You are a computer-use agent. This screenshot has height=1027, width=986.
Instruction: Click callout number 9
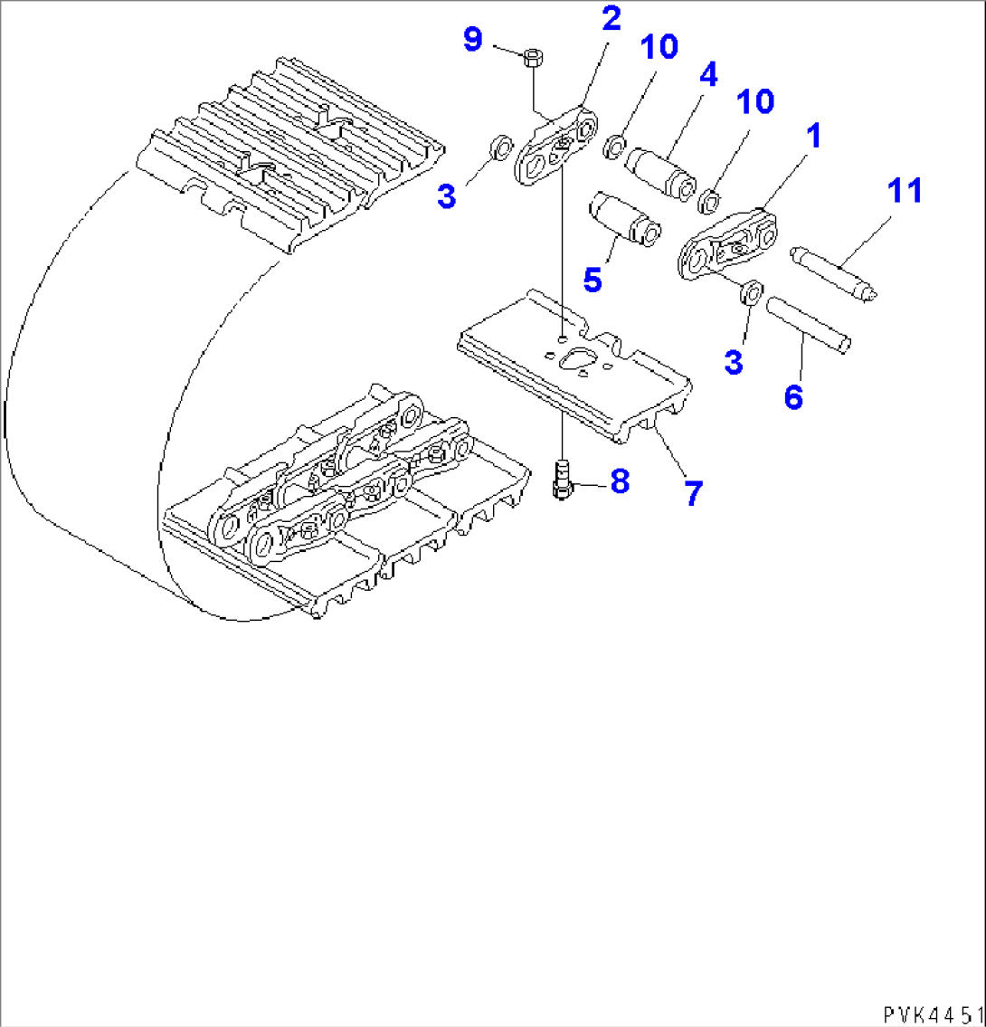[x=472, y=39]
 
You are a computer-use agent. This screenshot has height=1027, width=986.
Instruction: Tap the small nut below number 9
[x=532, y=59]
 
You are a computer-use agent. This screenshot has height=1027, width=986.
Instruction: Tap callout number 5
[x=592, y=280]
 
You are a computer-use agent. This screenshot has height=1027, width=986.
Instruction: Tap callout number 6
[x=793, y=397]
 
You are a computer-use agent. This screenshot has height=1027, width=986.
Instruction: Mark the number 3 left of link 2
[x=446, y=195]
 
